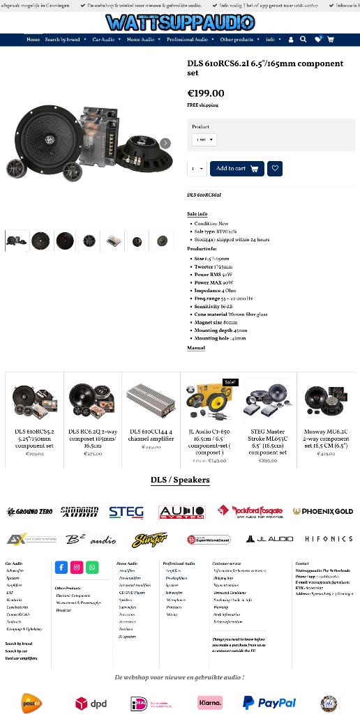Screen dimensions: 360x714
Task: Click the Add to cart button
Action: [x=237, y=169]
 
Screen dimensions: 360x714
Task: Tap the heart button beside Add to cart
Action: [x=275, y=169]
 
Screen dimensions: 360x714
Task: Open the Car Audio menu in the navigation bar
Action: [x=103, y=40]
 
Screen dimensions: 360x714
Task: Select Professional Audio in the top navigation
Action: [x=187, y=40]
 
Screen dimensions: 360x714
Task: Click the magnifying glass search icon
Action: [x=303, y=40]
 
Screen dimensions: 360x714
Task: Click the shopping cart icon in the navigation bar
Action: [x=330, y=40]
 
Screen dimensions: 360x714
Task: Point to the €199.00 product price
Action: [x=206, y=93]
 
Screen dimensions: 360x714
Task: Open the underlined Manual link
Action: [x=196, y=348]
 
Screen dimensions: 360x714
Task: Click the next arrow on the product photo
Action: [x=165, y=144]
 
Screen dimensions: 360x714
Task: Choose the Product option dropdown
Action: [x=204, y=139]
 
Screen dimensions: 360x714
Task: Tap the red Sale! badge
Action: [x=230, y=382]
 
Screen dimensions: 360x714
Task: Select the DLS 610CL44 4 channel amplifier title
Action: [x=151, y=435]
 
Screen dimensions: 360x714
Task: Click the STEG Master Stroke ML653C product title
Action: [x=267, y=441]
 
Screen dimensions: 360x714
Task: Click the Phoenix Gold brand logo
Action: [x=322, y=512]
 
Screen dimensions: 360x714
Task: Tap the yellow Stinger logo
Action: [x=150, y=540]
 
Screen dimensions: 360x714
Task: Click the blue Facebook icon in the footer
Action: [x=61, y=568]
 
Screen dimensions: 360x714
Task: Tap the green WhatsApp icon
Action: [x=92, y=568]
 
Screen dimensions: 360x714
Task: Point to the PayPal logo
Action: [x=269, y=703]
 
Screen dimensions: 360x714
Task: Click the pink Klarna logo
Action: [x=209, y=703]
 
